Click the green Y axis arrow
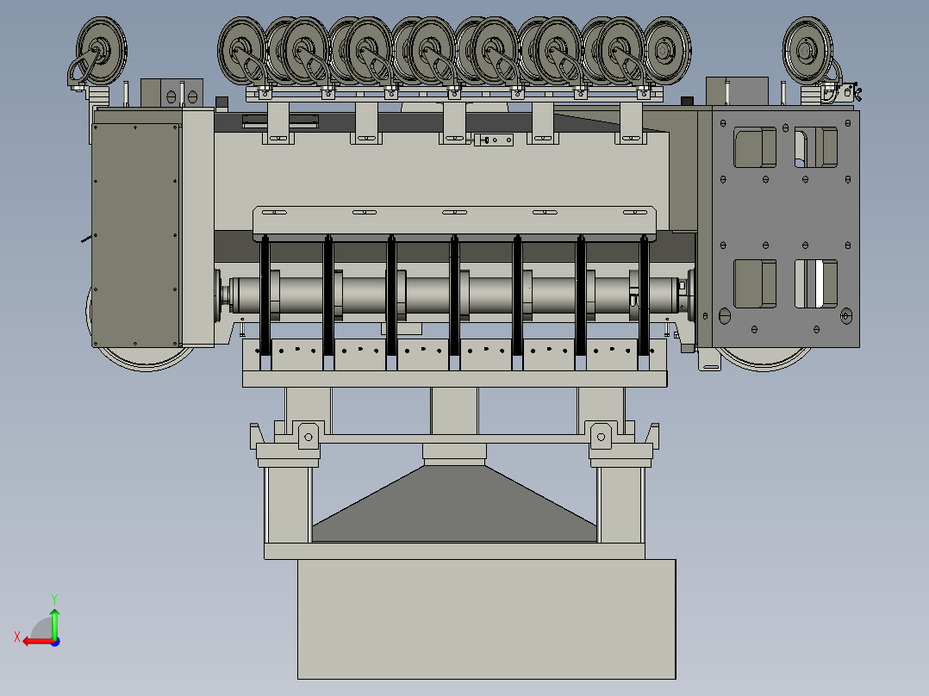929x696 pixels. pos(54,623)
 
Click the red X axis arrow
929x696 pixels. pos(39,641)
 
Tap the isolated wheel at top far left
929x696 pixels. pos(102,50)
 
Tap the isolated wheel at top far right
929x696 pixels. pos(807,50)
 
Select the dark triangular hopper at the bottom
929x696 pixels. pos(454,504)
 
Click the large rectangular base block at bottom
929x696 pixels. pos(486,619)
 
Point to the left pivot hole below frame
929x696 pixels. pos(309,437)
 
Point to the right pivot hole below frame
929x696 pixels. pos(601,437)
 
